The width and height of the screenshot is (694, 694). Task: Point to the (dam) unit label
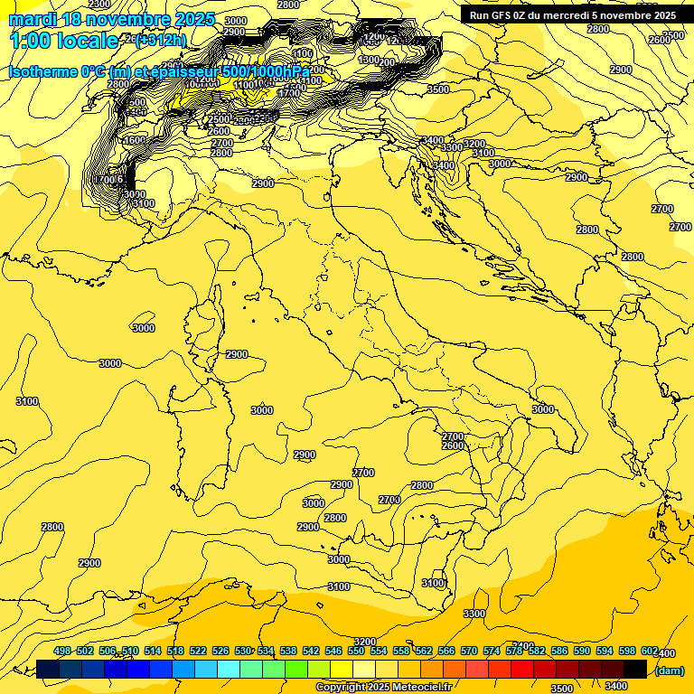[x=669, y=670]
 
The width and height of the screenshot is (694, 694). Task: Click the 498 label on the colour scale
[x=62, y=651]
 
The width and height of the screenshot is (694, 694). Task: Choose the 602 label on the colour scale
[x=649, y=651]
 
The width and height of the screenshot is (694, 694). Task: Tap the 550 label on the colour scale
[x=356, y=651]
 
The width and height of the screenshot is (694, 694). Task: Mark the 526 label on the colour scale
[x=220, y=651]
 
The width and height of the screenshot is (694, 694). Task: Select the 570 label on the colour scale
[x=469, y=651]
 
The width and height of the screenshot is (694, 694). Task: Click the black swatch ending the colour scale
[x=635, y=669]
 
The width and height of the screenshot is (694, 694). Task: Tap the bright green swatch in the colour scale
[x=297, y=669]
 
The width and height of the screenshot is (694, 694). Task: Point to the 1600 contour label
[x=134, y=140]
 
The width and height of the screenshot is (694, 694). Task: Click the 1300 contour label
[x=368, y=60]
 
